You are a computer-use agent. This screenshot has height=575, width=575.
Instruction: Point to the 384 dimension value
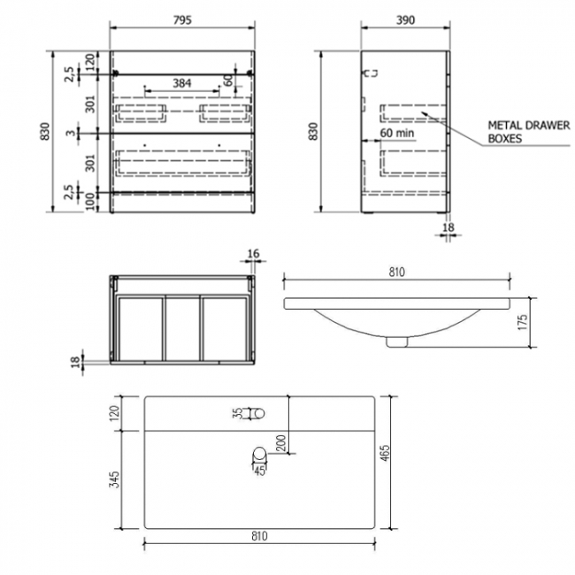point(182,82)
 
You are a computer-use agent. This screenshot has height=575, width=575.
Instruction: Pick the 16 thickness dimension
point(253,254)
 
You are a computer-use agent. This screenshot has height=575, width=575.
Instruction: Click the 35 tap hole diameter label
point(238,412)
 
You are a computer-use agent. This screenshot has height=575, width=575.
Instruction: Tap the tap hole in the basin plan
point(257,412)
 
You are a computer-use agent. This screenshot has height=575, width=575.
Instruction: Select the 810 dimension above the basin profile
point(395,272)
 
